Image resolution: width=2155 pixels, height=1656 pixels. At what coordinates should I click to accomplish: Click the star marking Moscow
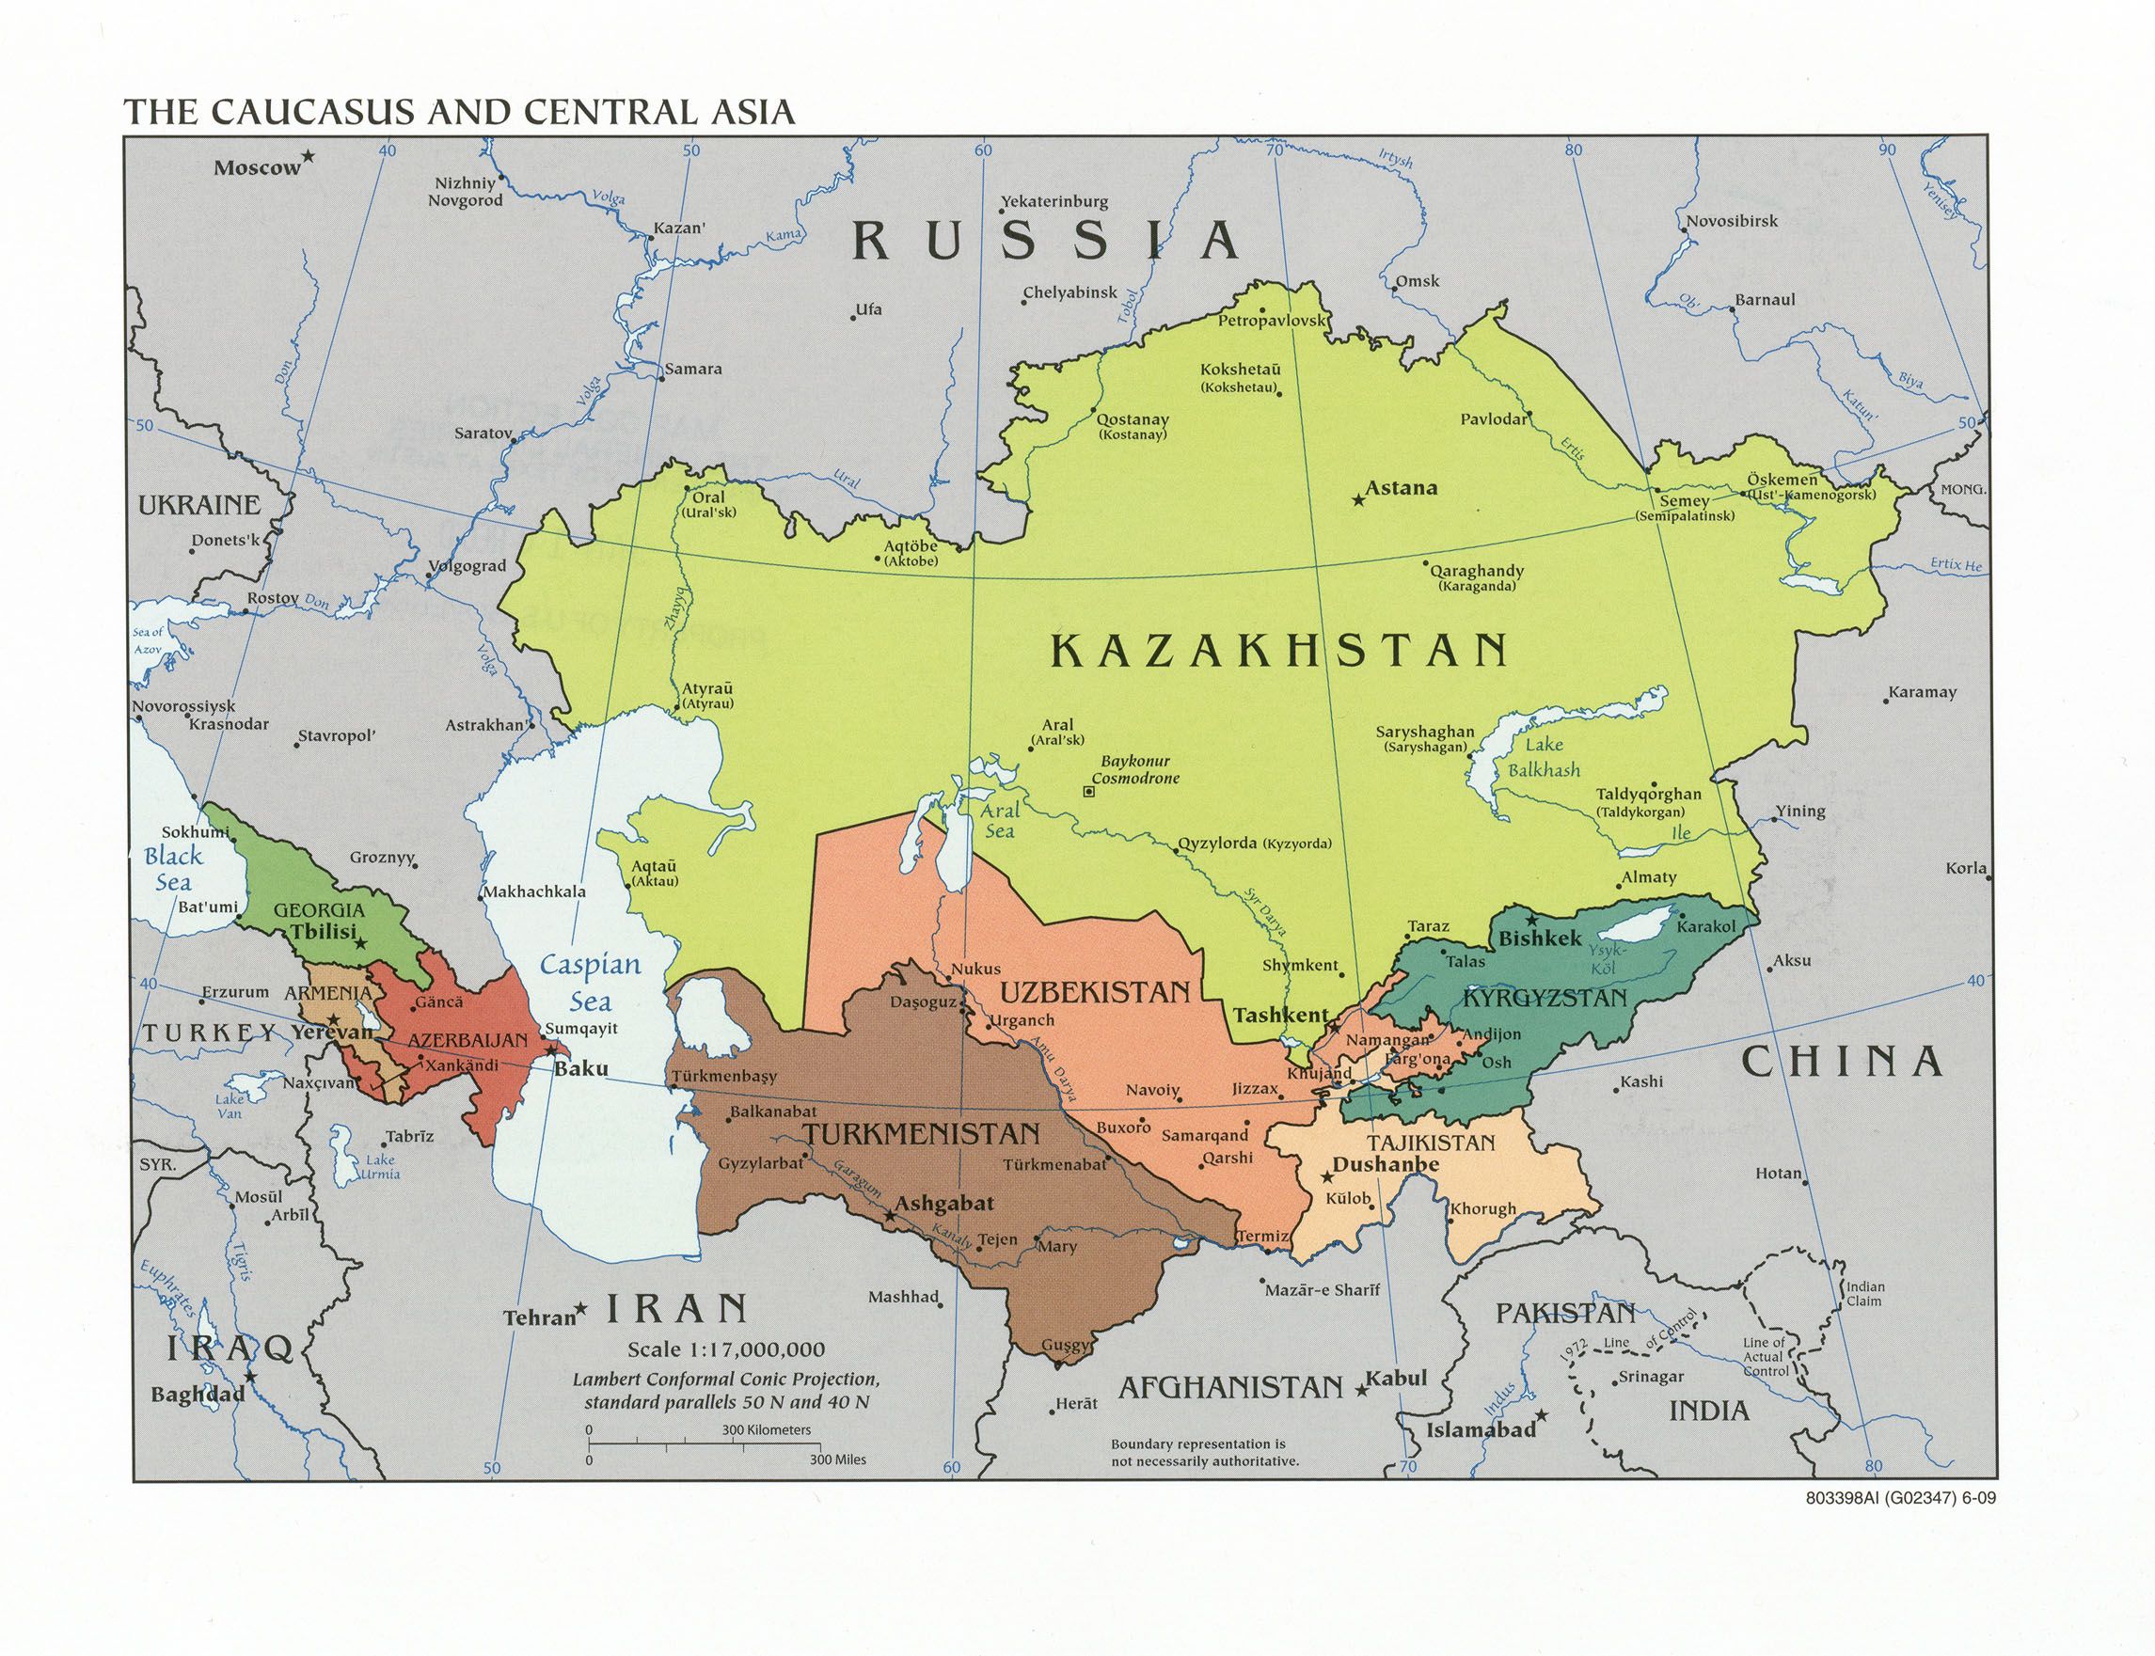(309, 156)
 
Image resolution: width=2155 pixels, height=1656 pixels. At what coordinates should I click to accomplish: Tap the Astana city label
(1401, 488)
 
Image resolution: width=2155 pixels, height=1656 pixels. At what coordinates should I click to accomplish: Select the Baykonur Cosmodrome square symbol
(1088, 791)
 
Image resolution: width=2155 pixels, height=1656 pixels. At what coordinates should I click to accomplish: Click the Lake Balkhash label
(1543, 757)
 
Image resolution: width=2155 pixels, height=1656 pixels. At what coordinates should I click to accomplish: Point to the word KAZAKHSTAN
(1278, 652)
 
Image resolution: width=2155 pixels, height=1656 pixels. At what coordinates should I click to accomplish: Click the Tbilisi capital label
(323, 932)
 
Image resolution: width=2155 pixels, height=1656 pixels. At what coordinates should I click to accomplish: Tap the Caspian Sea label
(591, 983)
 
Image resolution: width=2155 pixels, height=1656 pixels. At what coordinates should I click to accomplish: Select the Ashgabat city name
(943, 1204)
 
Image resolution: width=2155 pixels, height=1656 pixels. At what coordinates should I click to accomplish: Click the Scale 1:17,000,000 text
(726, 1349)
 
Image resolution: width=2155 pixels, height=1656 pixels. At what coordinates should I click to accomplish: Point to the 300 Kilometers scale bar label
(766, 1429)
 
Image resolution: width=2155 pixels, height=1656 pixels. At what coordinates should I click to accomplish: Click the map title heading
(458, 111)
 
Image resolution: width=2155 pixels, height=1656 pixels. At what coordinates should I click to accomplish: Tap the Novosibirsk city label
(1731, 221)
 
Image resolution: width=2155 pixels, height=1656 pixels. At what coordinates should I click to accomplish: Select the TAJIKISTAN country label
(1431, 1143)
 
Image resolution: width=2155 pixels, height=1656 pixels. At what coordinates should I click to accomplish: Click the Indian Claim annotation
(1864, 1293)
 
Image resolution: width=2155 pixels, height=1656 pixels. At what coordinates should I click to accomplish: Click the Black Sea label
(172, 868)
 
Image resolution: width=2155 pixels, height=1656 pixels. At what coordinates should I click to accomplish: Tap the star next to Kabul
(1361, 1391)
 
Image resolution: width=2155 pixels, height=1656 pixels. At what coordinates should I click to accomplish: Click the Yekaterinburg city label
(1054, 201)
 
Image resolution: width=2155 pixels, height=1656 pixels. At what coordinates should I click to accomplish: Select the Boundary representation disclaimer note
(1205, 1452)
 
